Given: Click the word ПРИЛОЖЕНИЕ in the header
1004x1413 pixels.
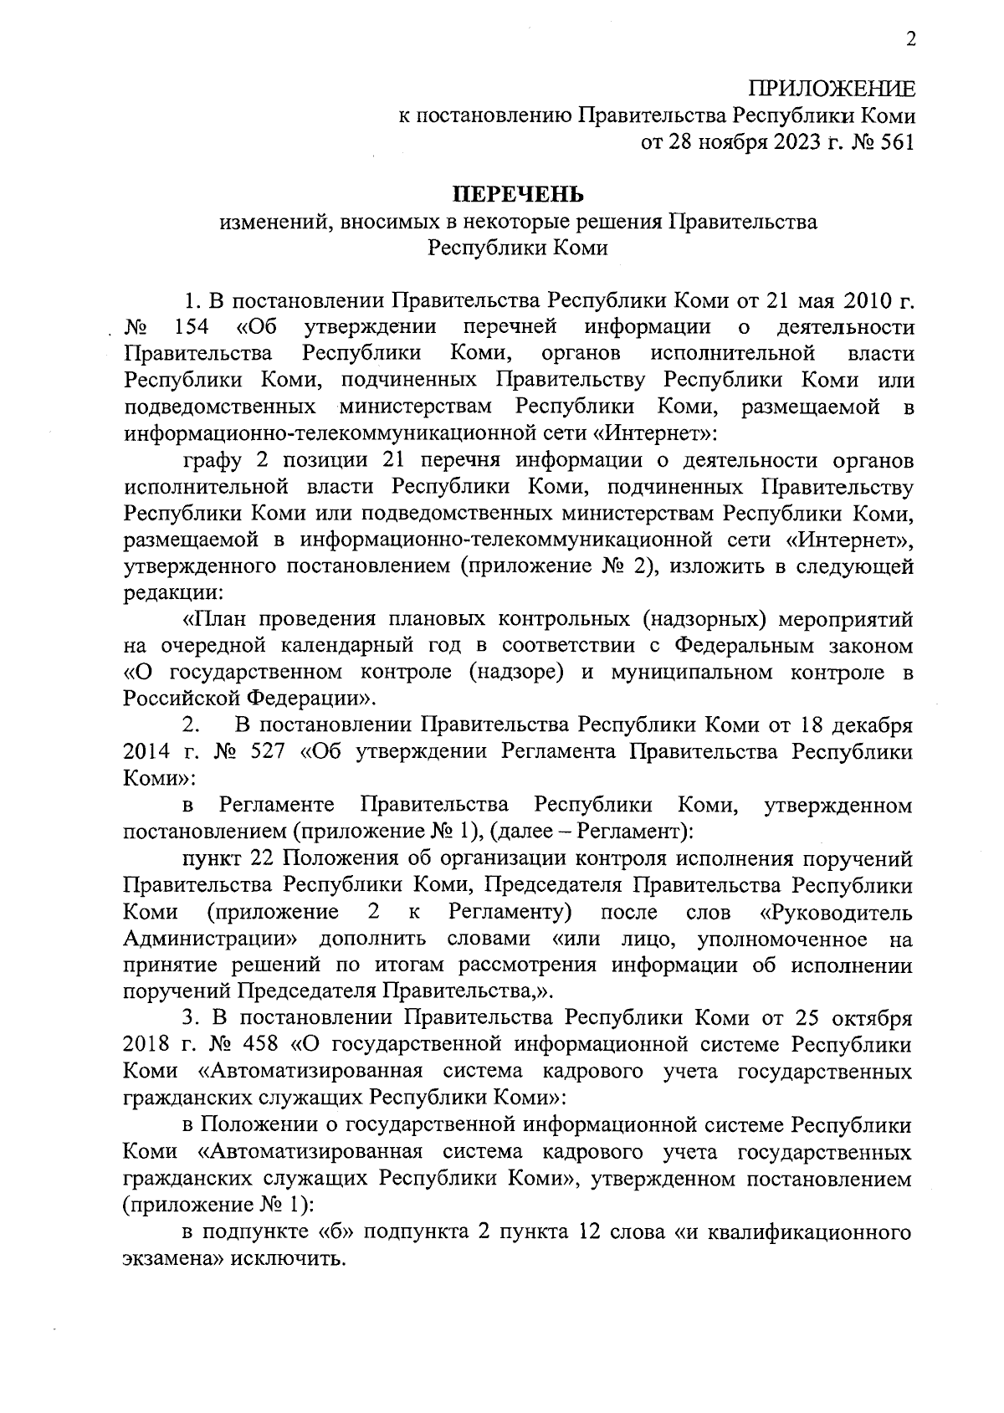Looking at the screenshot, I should coord(832,90).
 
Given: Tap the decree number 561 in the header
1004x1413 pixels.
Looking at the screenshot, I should coord(897,142).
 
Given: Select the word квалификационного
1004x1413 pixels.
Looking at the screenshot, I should coord(804,1231).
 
